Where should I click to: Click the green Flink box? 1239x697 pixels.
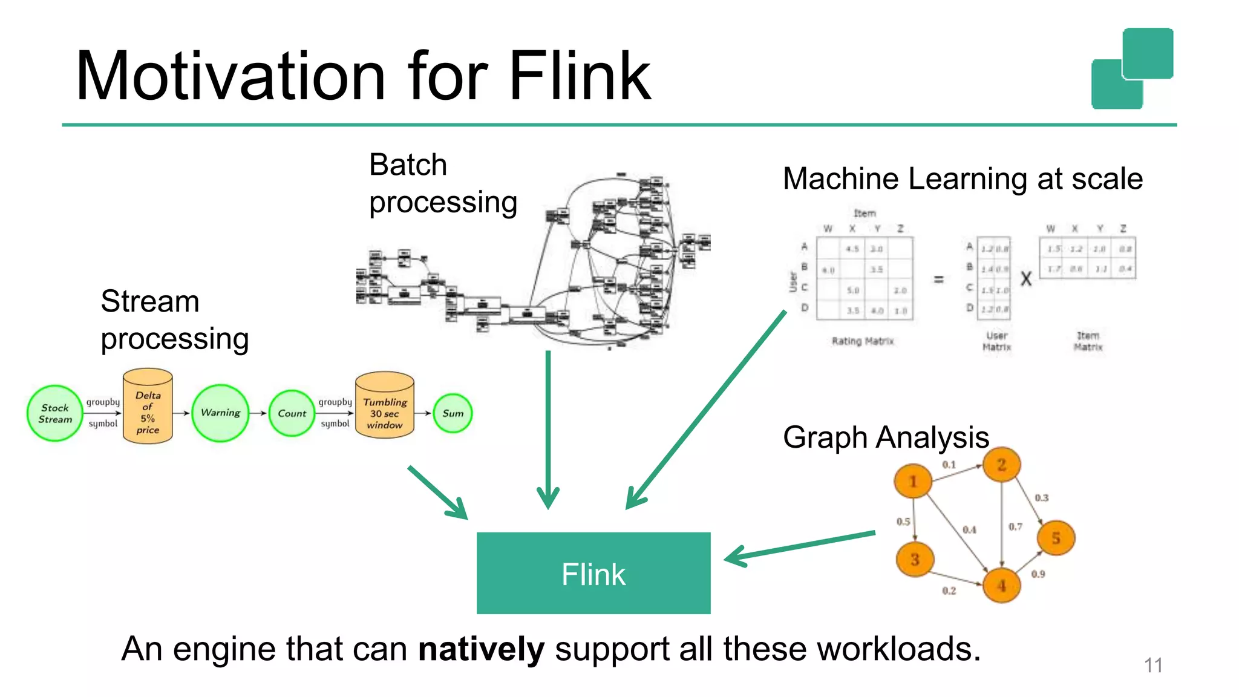click(593, 573)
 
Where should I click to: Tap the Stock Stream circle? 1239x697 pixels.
click(55, 413)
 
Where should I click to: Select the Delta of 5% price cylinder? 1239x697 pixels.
click(148, 407)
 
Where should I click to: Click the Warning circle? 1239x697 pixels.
click(220, 413)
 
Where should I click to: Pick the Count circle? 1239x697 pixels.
click(292, 413)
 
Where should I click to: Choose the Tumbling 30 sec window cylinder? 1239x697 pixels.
click(385, 405)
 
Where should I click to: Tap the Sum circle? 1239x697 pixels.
click(453, 413)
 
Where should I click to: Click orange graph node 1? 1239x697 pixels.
click(913, 481)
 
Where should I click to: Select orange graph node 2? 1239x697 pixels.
click(1001, 465)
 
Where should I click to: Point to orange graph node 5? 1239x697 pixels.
click(1056, 538)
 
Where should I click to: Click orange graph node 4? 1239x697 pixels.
click(1001, 585)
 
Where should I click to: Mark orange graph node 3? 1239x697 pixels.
click(915, 559)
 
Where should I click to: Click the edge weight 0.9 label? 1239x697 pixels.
click(1038, 574)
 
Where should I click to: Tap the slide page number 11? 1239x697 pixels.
click(1153, 666)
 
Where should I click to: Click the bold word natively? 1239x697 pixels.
click(481, 649)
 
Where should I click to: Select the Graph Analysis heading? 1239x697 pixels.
click(886, 437)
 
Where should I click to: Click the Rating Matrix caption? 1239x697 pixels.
click(863, 341)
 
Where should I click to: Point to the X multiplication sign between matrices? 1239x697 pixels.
click(1026, 280)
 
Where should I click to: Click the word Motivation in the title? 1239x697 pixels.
click(230, 77)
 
